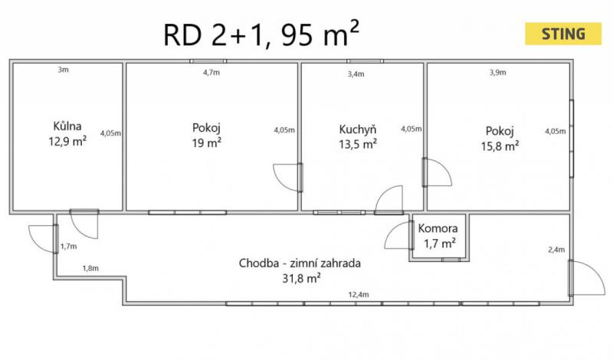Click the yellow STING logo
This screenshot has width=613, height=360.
coord(563,34)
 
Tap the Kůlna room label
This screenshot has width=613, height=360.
coord(67,126)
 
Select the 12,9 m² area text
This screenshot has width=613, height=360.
coord(67,141)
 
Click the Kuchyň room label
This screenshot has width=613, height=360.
coord(358,129)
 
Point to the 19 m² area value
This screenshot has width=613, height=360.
coord(206,142)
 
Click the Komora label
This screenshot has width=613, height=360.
coord(438,228)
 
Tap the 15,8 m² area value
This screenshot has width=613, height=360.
coord(500,146)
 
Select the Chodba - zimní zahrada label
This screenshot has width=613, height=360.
coord(300,263)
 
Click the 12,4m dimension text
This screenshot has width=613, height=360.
coord(359,294)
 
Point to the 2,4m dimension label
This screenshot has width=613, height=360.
coord(556,250)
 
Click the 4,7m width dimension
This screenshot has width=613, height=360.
coord(211,72)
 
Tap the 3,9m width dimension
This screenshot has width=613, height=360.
coord(497,72)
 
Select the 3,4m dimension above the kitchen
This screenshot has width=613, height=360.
coord(356,74)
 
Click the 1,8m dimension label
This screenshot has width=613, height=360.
coord(90,268)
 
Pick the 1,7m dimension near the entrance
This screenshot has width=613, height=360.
coord(68,246)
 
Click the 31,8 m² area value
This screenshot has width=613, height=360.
coord(301,278)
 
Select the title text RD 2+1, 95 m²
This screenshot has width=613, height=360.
coord(261,34)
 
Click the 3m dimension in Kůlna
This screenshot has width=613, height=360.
coord(64,70)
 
